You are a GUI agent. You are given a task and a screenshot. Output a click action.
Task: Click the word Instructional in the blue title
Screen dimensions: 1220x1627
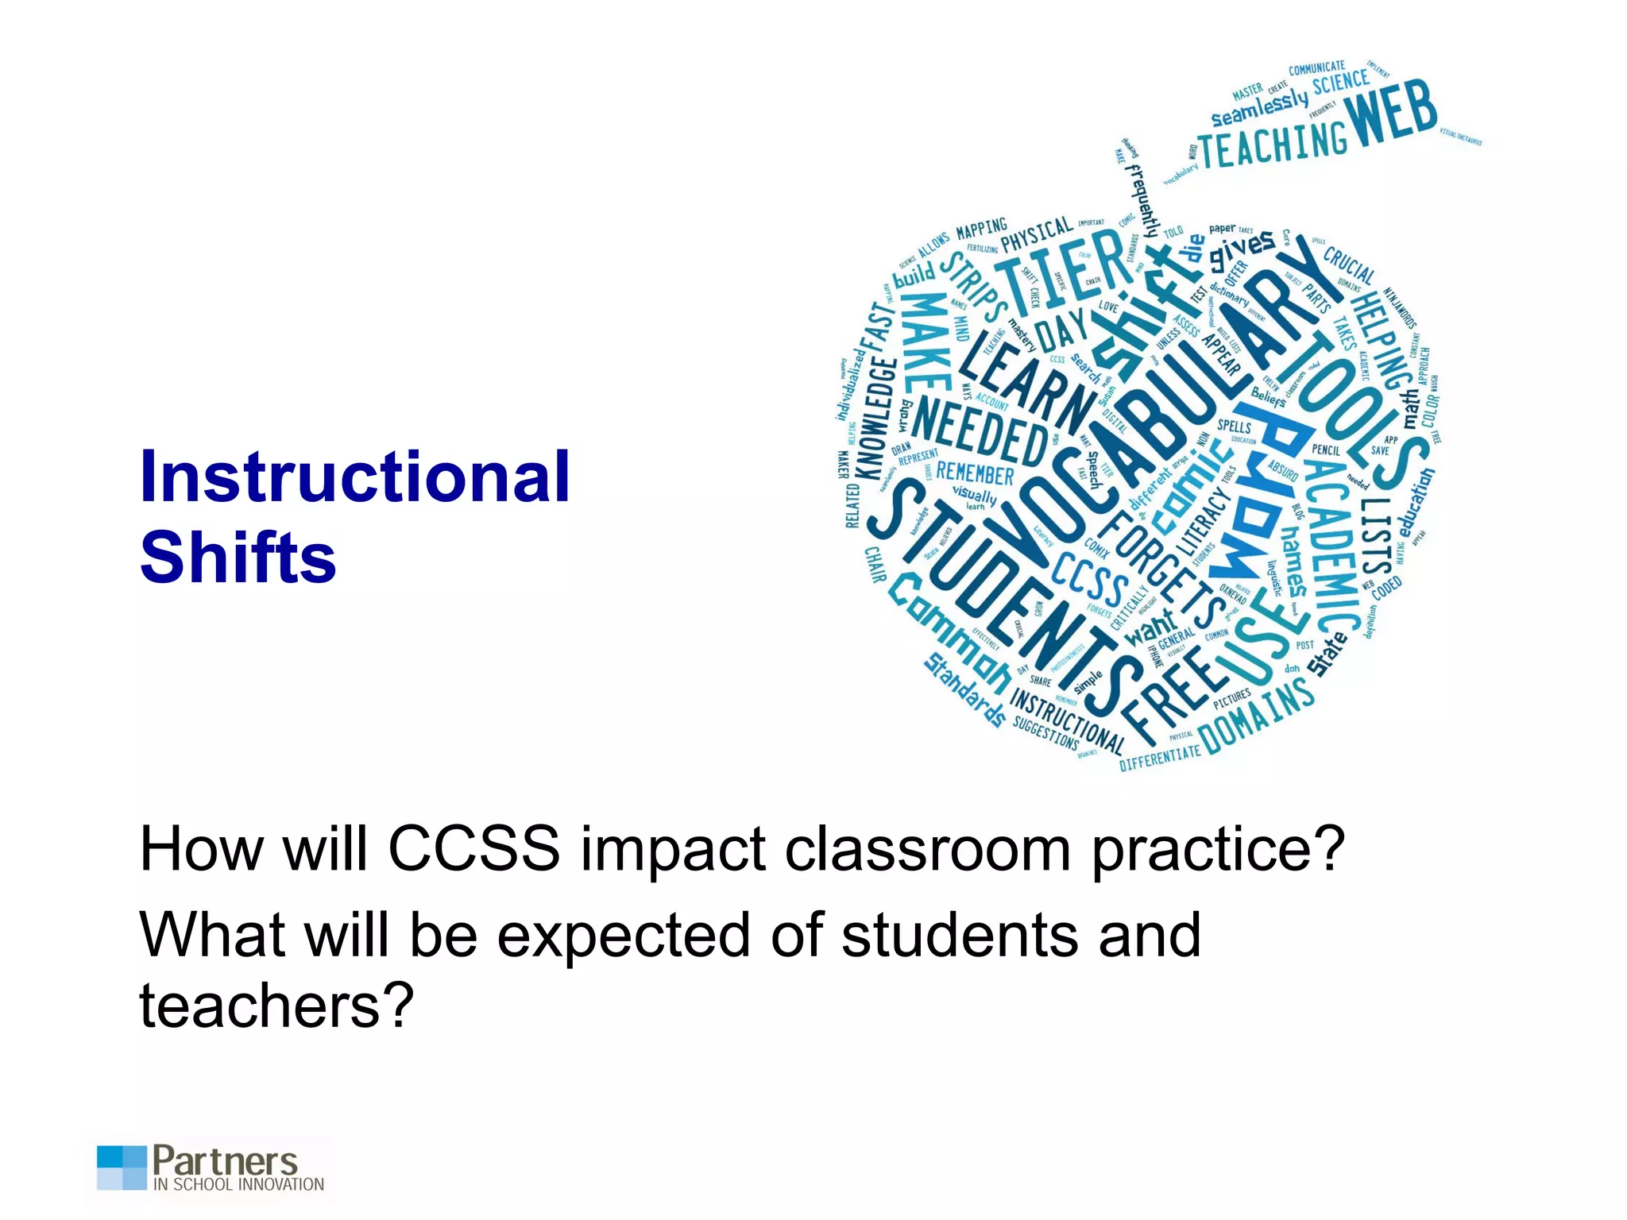pos(354,477)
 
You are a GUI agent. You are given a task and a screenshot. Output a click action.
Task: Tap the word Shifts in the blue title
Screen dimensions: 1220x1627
pos(238,557)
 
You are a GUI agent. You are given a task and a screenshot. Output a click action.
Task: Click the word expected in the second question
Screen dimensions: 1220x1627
pos(623,936)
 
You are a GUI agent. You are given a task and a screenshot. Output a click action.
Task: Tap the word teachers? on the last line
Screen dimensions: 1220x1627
pos(276,1006)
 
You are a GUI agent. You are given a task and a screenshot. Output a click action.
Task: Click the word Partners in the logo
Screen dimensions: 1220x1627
pos(225,1161)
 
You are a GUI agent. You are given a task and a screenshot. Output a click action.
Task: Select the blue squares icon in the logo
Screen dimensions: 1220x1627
pos(122,1167)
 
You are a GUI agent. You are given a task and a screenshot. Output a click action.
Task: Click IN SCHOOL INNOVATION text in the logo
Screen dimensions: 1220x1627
pos(238,1184)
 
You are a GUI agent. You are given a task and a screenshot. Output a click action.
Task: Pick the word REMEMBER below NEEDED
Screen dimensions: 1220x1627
pos(975,474)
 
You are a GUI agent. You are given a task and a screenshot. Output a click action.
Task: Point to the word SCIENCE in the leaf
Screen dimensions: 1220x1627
pos(1340,83)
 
